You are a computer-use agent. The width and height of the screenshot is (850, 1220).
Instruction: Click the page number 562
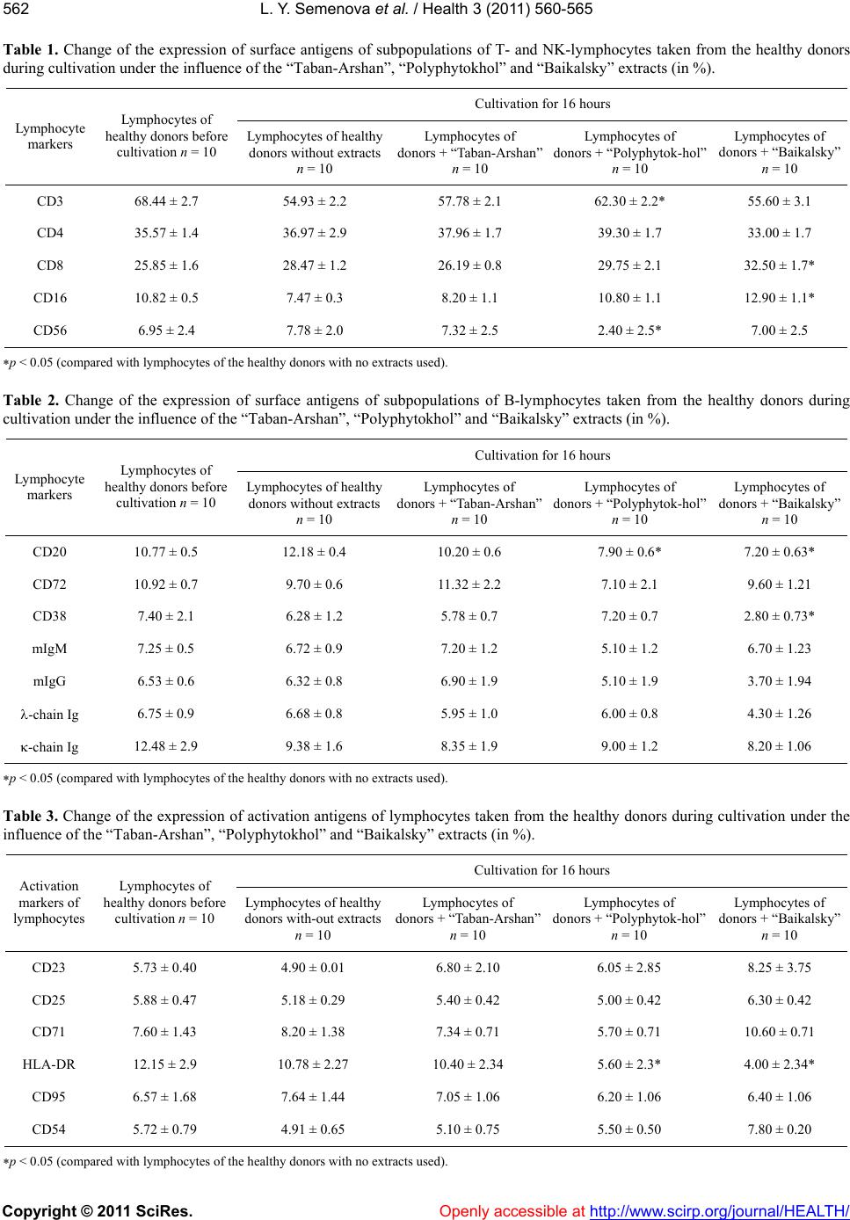16,10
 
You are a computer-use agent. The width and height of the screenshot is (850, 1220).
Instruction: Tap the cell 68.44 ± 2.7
166,201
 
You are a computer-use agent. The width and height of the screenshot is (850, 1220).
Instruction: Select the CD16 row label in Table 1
49,298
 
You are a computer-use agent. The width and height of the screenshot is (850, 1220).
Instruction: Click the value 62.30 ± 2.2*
629,201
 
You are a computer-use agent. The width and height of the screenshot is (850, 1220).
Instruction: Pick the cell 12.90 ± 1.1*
779,298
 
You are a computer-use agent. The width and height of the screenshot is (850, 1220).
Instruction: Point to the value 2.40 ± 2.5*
629,330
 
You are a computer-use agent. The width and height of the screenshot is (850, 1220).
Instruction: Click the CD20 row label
49,552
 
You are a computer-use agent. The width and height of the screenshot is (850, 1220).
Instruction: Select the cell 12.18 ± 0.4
314,552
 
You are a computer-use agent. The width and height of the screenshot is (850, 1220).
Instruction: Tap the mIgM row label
49,649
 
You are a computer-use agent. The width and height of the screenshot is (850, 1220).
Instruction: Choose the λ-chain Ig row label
49,714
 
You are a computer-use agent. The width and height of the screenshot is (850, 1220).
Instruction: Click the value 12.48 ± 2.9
165,745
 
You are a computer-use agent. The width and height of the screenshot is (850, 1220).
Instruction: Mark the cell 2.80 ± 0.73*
779,616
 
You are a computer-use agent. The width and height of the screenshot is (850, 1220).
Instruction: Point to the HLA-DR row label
49,1064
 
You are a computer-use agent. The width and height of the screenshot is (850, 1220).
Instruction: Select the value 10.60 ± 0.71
779,1032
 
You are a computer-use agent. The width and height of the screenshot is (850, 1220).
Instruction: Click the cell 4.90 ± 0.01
313,967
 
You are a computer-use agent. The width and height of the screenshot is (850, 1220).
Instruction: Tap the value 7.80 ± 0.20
779,1129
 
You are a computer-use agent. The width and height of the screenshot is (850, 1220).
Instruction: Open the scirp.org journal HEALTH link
720,1210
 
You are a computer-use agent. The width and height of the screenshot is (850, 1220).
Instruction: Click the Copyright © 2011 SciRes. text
98,1210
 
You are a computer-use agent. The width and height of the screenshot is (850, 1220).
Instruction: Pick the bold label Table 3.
30,816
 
